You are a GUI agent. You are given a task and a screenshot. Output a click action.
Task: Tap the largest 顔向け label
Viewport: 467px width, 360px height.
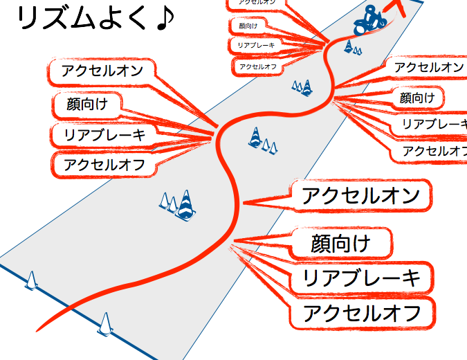(341, 243)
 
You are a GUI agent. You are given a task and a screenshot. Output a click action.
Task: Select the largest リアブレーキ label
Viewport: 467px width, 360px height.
(362, 278)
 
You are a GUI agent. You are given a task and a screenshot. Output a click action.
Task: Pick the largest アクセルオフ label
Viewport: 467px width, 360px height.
(362, 314)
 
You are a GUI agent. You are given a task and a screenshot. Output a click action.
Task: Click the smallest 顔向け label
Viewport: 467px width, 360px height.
(247, 26)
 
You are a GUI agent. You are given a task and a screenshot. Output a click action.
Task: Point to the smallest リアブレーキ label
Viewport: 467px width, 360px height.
(255, 45)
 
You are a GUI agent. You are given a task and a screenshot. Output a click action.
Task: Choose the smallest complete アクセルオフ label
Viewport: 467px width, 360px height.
(257, 66)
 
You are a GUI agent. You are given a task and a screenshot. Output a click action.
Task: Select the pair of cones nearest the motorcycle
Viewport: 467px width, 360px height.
(353, 48)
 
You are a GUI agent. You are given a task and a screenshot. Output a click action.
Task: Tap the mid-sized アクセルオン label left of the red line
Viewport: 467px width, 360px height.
(102, 70)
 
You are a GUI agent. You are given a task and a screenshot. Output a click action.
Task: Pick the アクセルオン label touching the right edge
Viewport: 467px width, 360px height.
(428, 68)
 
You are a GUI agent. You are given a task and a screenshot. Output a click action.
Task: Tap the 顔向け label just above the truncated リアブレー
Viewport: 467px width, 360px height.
(418, 98)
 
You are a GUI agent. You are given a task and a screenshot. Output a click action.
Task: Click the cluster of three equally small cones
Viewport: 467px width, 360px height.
(303, 87)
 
